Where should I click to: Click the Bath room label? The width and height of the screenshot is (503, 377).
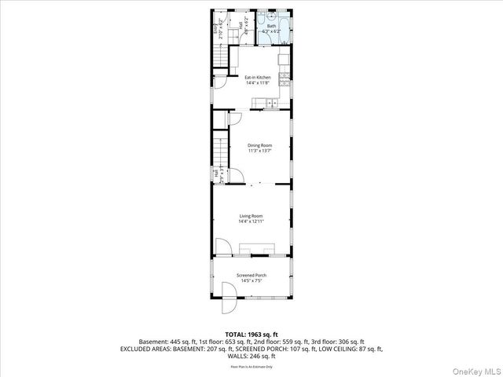point(272,26)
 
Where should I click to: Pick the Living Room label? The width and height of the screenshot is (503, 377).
point(251,216)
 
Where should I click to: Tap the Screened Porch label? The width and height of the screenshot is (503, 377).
point(251,275)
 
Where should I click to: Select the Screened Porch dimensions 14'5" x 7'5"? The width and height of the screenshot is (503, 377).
point(251,280)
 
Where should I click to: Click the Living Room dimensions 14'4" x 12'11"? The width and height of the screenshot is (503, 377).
point(251,221)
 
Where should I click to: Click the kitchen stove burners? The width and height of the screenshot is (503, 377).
point(284,60)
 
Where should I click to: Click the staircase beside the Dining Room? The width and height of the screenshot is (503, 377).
point(220,149)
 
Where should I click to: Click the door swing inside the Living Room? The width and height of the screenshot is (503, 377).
point(223,249)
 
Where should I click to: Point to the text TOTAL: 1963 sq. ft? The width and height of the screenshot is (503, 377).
point(251,335)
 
